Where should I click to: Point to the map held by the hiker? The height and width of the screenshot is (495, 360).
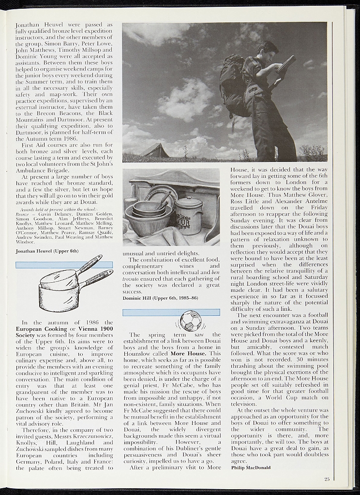click(286, 64)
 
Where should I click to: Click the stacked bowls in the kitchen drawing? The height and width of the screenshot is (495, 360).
click(148, 213)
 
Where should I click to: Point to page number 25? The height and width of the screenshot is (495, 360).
click(327, 479)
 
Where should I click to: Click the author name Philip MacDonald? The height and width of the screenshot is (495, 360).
click(251, 467)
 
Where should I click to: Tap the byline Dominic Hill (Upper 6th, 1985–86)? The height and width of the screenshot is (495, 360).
click(160, 298)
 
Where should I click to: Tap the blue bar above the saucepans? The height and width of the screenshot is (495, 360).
click(64, 264)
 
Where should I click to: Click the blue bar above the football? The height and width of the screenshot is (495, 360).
click(171, 312)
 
